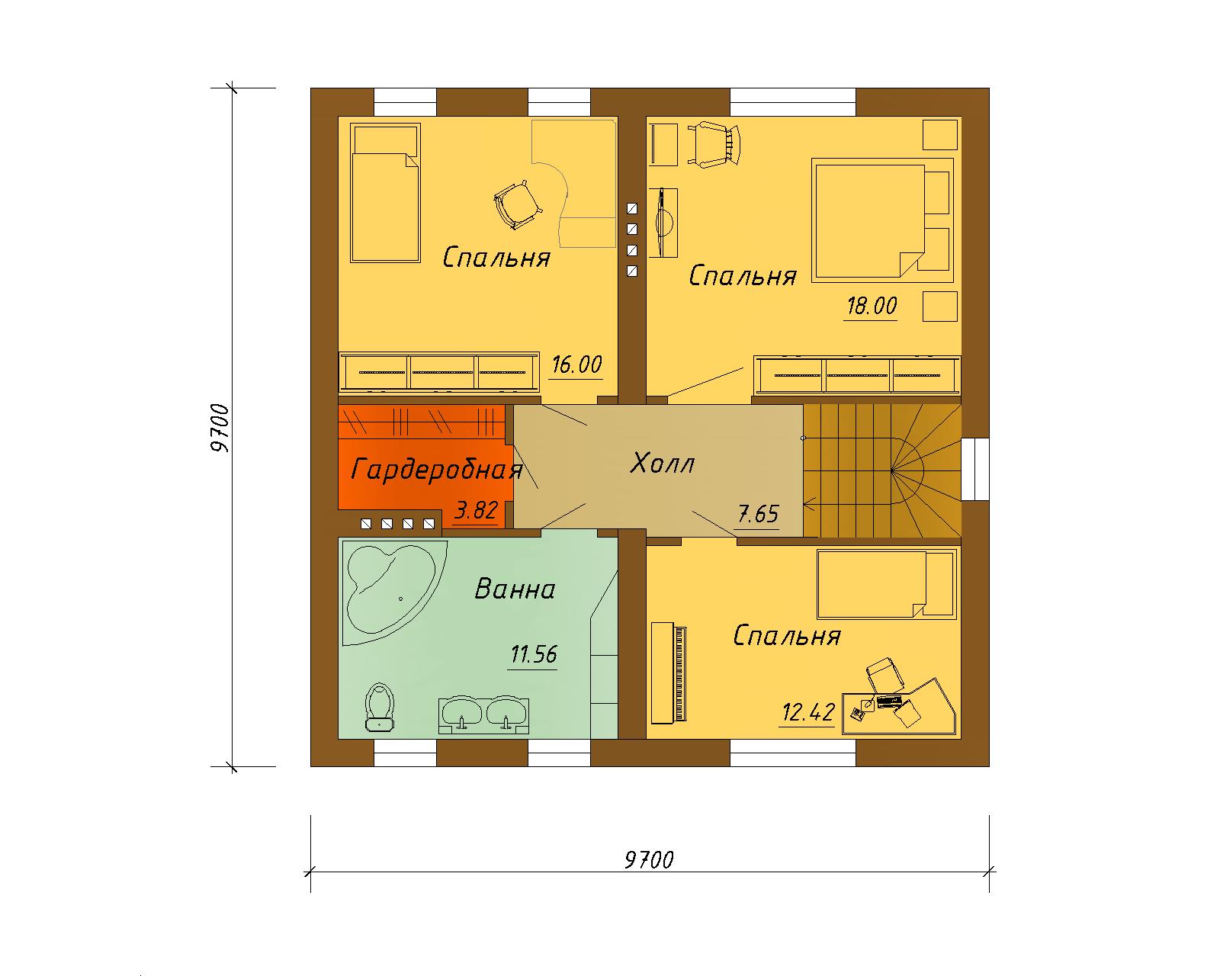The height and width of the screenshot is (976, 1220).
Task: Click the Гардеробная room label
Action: [436, 470]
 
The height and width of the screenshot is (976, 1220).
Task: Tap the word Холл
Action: [662, 464]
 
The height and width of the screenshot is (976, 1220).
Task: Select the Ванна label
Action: [515, 589]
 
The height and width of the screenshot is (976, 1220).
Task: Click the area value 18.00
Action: [872, 307]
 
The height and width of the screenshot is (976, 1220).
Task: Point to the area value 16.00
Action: [577, 364]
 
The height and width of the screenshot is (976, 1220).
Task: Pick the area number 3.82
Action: [477, 510]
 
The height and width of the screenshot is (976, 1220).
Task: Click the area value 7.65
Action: [758, 515]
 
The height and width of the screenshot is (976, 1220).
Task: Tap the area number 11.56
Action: [534, 654]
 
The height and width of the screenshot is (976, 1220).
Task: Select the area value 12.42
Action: [808, 711]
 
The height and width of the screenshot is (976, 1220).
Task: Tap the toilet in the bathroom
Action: [380, 707]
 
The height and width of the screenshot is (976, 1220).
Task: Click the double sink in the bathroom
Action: [483, 715]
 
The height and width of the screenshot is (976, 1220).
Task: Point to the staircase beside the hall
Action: [882, 470]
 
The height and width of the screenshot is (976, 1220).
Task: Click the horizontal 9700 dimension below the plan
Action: [649, 860]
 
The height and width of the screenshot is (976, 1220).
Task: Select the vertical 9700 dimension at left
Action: [220, 429]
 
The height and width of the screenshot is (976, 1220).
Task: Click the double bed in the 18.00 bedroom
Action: [882, 220]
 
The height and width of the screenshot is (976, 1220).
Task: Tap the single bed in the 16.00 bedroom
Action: [386, 193]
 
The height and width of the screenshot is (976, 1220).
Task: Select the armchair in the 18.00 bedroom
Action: [715, 144]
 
